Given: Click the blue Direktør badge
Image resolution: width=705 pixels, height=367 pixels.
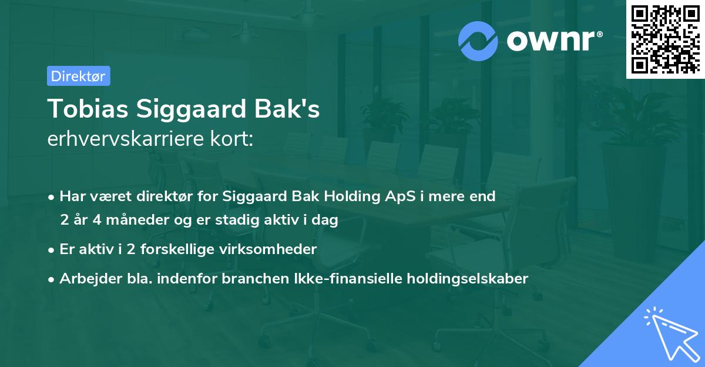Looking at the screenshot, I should [78, 76].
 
